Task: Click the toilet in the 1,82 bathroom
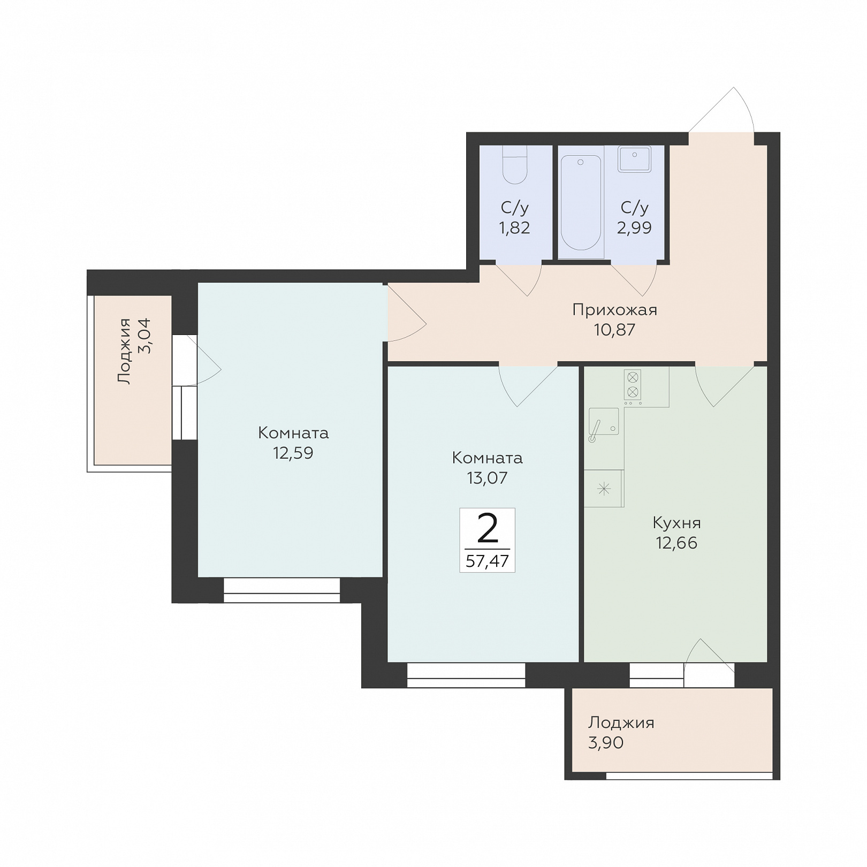click(x=515, y=164)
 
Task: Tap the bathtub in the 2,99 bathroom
click(x=581, y=202)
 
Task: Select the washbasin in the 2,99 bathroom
click(x=634, y=159)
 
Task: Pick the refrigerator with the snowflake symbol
click(x=604, y=488)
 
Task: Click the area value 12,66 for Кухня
click(x=676, y=543)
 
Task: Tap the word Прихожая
click(x=615, y=309)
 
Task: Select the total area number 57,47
click(x=487, y=561)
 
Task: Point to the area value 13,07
click(x=487, y=477)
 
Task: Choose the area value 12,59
click(x=293, y=453)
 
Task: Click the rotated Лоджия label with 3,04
click(x=124, y=351)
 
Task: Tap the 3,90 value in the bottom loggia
click(x=606, y=743)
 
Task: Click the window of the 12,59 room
click(x=282, y=590)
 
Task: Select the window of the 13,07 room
click(x=466, y=675)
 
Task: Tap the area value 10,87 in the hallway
click(x=614, y=329)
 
